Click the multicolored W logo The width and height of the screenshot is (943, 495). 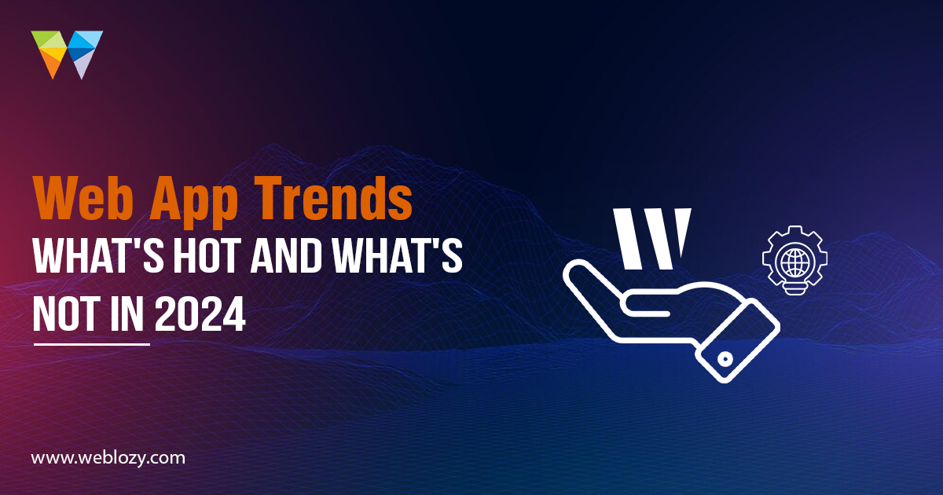[67, 54]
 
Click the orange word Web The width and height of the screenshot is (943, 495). [84, 198]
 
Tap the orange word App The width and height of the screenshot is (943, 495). [194, 203]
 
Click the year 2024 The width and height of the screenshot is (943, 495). [200, 313]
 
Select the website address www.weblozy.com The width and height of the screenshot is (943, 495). [108, 458]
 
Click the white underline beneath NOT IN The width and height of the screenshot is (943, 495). [92, 344]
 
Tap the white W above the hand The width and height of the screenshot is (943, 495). [652, 238]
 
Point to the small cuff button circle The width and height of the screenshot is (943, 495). [725, 360]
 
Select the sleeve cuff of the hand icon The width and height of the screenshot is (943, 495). [738, 341]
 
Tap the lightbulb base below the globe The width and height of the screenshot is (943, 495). [794, 288]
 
